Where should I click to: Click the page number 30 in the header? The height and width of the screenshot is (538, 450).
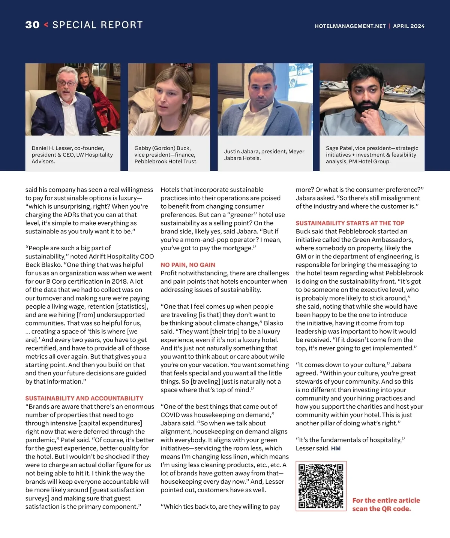point(32,25)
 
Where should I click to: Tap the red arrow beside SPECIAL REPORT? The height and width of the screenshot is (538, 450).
point(46,25)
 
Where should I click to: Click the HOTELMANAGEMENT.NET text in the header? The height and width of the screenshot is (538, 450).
point(350,26)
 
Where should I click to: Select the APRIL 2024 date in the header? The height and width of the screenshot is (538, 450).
point(409,26)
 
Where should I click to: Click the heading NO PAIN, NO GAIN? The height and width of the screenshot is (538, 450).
point(187,265)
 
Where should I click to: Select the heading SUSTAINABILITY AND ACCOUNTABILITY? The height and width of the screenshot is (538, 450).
point(84,398)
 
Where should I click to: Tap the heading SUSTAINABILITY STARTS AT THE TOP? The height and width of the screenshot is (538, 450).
point(350,223)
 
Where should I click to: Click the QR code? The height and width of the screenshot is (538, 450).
point(321,486)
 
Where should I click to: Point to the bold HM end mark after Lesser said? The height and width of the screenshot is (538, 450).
point(336,448)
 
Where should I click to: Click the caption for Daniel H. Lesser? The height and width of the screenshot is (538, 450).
point(72,155)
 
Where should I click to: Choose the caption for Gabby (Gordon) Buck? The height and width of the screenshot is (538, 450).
point(166,155)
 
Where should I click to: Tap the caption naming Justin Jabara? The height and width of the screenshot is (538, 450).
point(264,155)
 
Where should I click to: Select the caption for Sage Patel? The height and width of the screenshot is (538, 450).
point(372,155)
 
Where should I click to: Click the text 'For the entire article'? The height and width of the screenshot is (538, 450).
point(386,501)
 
